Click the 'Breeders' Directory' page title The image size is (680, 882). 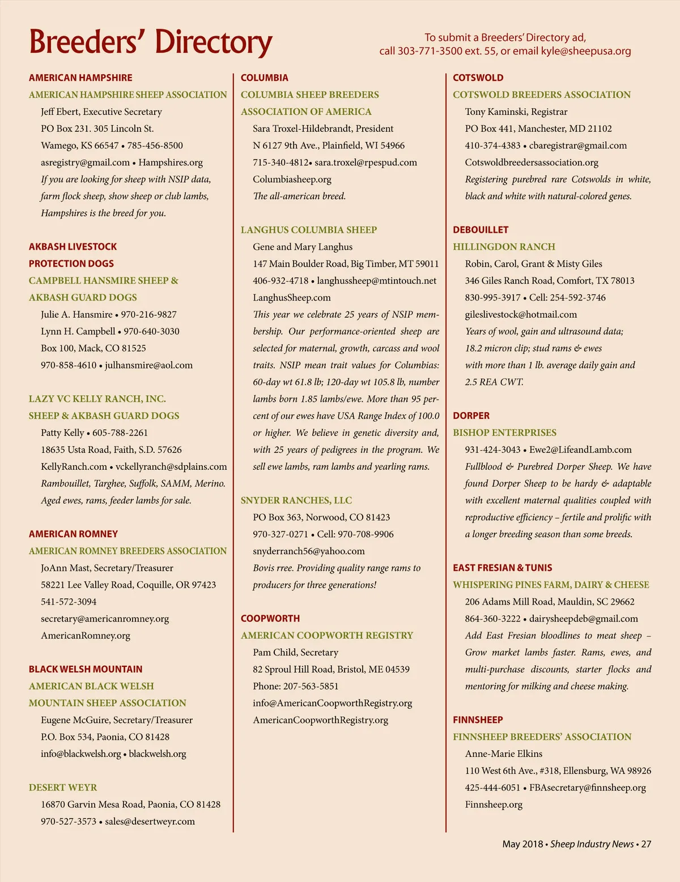coord(150,42)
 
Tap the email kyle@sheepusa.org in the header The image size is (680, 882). coord(586,51)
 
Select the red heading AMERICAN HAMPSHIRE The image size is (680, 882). coord(80,78)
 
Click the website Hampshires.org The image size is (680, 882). coord(171,162)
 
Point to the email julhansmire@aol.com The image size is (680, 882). coord(148,365)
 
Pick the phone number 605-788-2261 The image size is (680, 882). coord(120,433)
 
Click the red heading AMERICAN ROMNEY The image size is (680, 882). coord(73,534)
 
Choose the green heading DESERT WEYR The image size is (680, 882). coord(63,787)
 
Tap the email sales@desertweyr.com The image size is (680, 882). coord(150,821)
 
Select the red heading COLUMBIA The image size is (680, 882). coord(264,78)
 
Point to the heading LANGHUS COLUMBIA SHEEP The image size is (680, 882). coord(308,230)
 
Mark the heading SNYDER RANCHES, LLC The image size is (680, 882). coord(296,500)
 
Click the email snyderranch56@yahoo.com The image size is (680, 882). coord(308,551)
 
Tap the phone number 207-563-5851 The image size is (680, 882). coord(311,686)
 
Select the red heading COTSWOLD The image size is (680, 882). coord(478,78)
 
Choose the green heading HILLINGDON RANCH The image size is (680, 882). coord(504,247)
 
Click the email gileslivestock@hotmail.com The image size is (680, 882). coord(521,314)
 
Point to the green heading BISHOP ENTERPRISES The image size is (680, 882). coord(504,433)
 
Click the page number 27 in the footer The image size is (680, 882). coord(646,844)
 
